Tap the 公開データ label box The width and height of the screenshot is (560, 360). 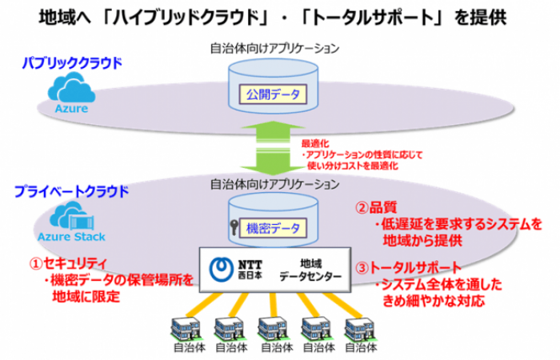point(274,95)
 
